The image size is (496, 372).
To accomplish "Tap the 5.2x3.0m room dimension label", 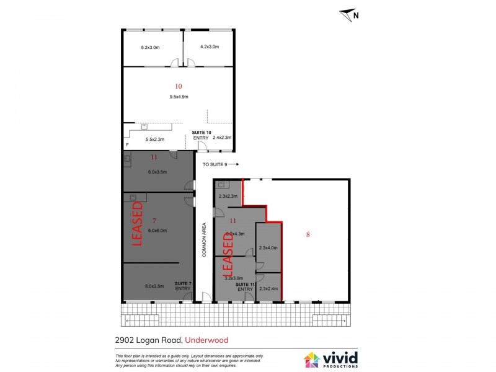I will (x=150, y=47).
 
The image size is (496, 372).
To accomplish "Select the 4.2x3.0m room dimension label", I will (x=209, y=47).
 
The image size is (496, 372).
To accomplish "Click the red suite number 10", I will (x=179, y=86).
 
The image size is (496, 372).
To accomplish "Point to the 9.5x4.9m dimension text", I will (x=179, y=97).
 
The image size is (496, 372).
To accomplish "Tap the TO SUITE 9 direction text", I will (x=220, y=164).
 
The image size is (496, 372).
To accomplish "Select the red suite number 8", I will (x=308, y=234).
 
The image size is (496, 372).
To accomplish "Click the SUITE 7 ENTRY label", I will (x=183, y=286).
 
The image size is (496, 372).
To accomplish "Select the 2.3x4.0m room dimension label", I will (x=269, y=247).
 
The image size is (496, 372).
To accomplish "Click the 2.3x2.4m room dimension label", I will (x=269, y=289).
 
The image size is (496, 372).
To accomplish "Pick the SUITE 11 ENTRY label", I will (x=245, y=286).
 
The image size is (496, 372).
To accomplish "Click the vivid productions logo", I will (x=329, y=359).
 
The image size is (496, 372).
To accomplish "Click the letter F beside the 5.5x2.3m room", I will (x=127, y=145).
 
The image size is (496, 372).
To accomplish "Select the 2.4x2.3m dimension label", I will (x=221, y=138).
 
